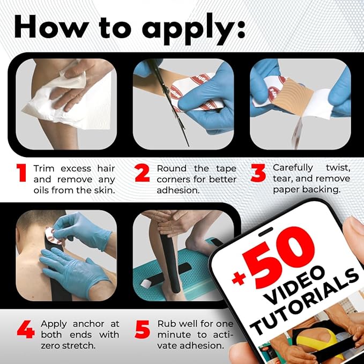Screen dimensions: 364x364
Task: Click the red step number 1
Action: [x=22, y=173]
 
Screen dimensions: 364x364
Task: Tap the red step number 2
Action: [x=142, y=173]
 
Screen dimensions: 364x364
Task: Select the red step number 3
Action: [x=258, y=173]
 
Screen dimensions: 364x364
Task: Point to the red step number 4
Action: [x=26, y=329]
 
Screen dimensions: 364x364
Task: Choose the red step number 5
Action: [x=142, y=329]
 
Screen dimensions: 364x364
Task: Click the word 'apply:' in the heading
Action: [x=194, y=29]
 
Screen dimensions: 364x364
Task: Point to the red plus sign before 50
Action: [x=239, y=278]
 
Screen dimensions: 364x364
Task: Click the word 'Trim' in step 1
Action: [x=44, y=168]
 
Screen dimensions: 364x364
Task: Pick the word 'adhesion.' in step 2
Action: [x=179, y=190]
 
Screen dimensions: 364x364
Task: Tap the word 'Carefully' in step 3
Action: [x=293, y=168]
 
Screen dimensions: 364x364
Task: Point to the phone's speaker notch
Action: [x=265, y=232]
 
